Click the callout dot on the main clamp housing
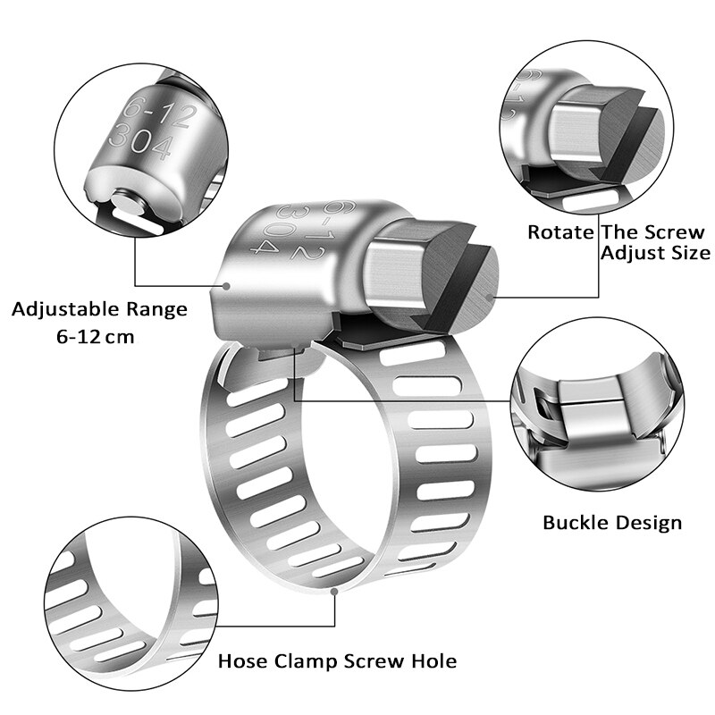coord(227,287)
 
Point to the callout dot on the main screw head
coord(489,293)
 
